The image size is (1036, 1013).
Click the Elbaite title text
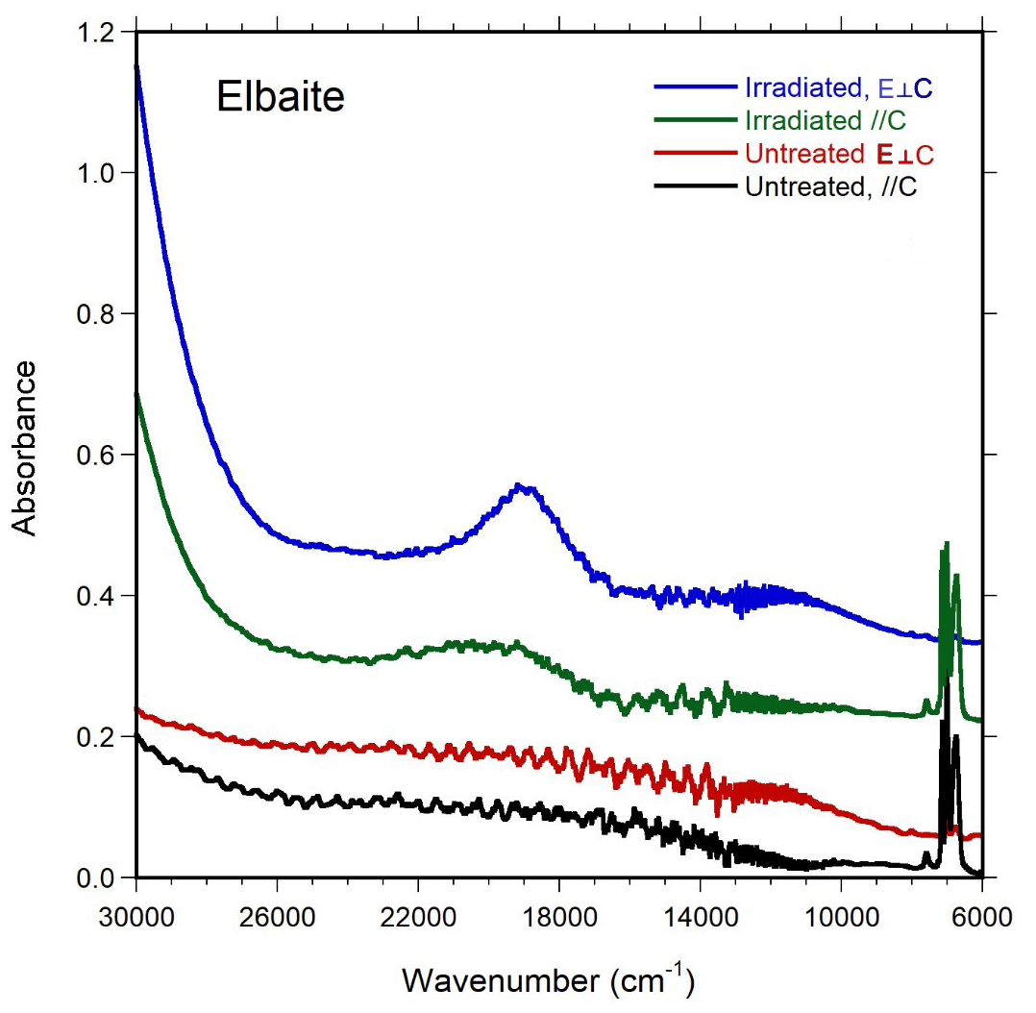pos(279,97)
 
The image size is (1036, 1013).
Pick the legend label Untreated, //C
pos(830,186)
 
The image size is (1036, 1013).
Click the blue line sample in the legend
pos(696,87)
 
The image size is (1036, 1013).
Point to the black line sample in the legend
pos(696,186)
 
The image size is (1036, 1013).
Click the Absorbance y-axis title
pos(26,448)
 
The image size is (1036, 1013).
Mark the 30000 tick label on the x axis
pos(136,909)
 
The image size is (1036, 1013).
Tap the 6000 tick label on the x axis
pos(981,909)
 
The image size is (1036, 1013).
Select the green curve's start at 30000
pos(137,394)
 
